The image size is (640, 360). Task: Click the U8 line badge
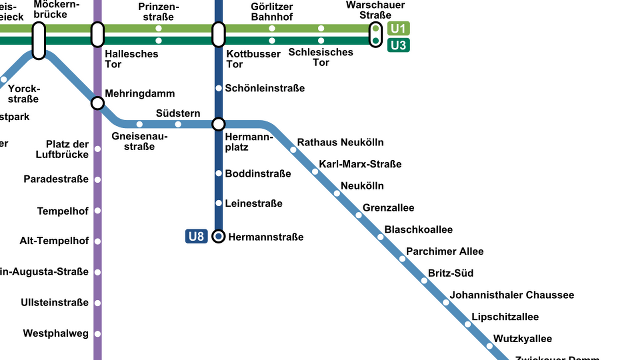pyautogui.click(x=196, y=236)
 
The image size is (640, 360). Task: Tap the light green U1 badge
pyautogui.click(x=398, y=29)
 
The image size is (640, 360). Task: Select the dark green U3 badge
pyautogui.click(x=398, y=45)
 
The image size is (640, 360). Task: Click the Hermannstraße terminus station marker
pyautogui.click(x=219, y=236)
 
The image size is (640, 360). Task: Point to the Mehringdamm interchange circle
pyautogui.click(x=98, y=103)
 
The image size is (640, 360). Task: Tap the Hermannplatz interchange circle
pyautogui.click(x=219, y=124)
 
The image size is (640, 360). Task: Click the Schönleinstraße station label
pyautogui.click(x=265, y=88)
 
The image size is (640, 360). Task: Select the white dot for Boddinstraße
pyautogui.click(x=219, y=173)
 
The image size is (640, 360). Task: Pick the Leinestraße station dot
pyautogui.click(x=219, y=203)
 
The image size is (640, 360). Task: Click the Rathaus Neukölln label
pyautogui.click(x=340, y=142)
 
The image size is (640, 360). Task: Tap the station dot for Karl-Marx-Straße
pyautogui.click(x=315, y=172)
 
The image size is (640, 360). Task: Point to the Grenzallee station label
pyautogui.click(x=388, y=208)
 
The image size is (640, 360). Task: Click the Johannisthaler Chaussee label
pyautogui.click(x=512, y=295)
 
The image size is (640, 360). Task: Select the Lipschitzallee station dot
pyautogui.click(x=468, y=324)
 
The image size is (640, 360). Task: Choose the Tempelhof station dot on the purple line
pyautogui.click(x=98, y=211)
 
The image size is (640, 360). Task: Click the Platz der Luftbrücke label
pyautogui.click(x=63, y=149)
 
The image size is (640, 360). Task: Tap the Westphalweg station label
pyautogui.click(x=56, y=333)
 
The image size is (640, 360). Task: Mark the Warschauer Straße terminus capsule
pyautogui.click(x=376, y=35)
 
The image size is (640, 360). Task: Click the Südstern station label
pyautogui.click(x=178, y=113)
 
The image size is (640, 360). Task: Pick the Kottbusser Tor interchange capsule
pyautogui.click(x=219, y=34)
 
